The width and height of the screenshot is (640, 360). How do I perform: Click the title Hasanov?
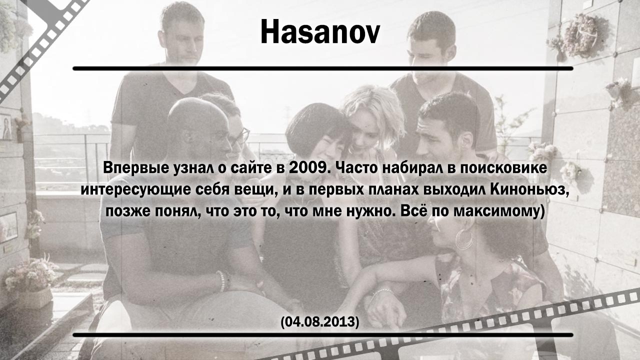pyautogui.click(x=320, y=31)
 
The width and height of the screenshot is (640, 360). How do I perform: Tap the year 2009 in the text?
pyautogui.click(x=307, y=168)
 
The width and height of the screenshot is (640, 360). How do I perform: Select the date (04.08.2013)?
pyautogui.click(x=320, y=322)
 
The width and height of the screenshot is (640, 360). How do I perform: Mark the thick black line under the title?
pyautogui.click(x=323, y=68)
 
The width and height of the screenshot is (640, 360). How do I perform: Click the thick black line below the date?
pyautogui.click(x=323, y=335)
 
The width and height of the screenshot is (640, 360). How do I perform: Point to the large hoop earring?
pyautogui.click(x=464, y=239)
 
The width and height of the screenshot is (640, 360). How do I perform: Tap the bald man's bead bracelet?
pyautogui.click(x=223, y=281)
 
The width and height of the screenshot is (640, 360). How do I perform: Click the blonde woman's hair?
pyautogui.click(x=374, y=114)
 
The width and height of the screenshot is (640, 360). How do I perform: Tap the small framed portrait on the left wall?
pyautogui.click(x=5, y=127)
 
